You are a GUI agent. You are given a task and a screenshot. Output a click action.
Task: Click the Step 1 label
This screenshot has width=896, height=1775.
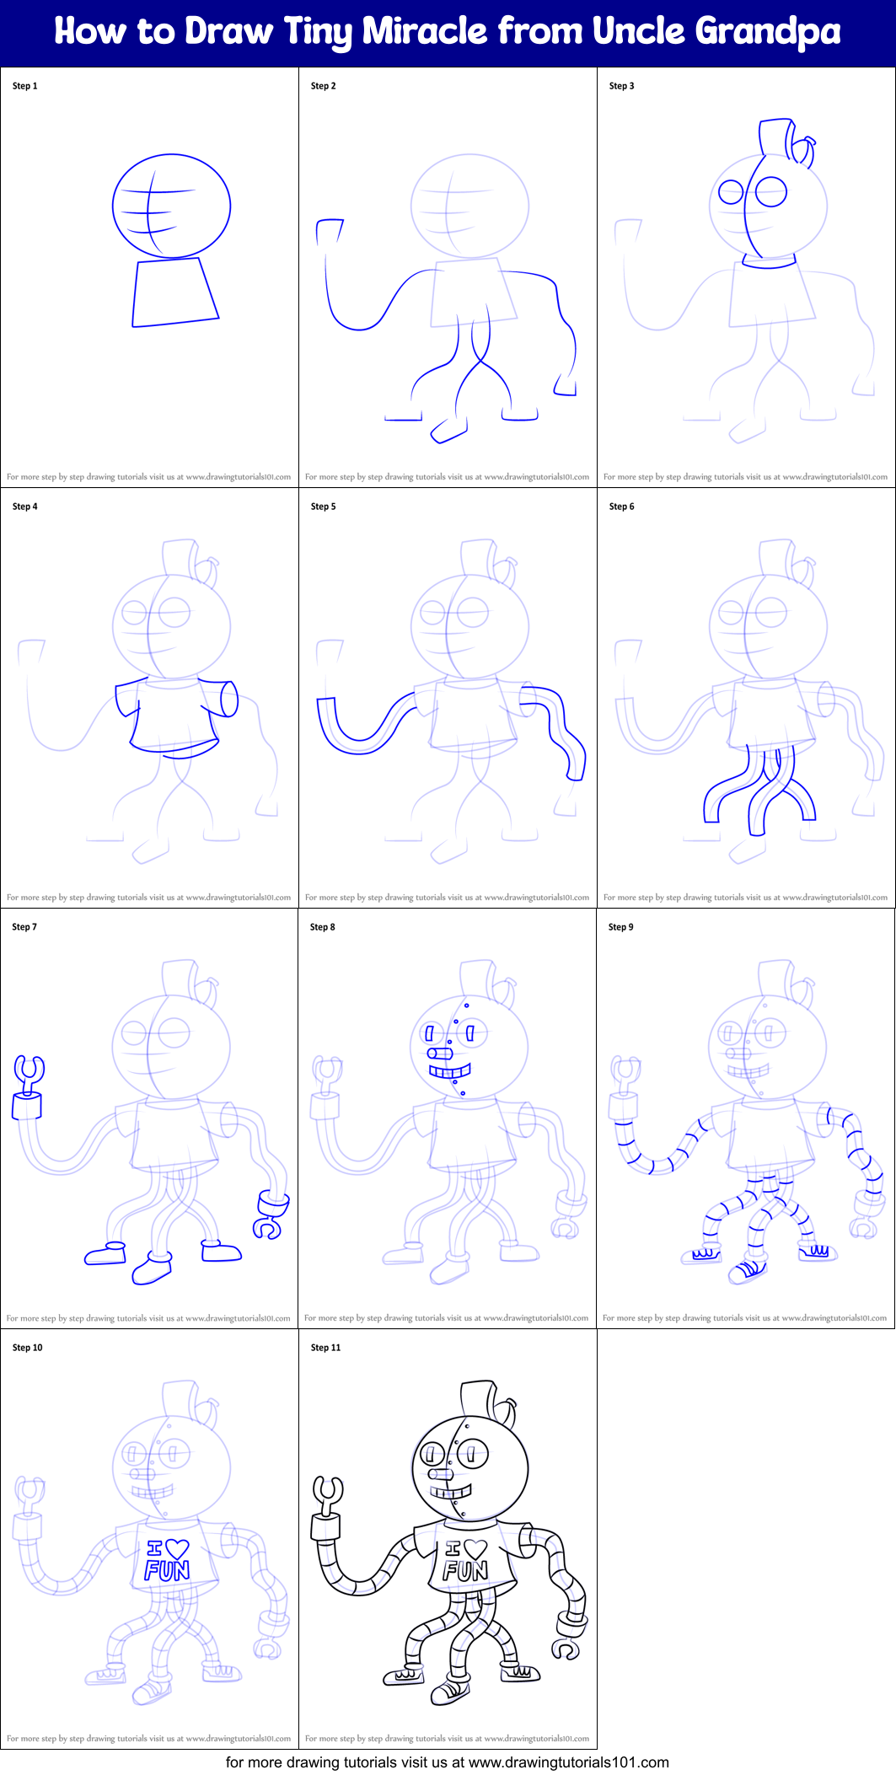25,86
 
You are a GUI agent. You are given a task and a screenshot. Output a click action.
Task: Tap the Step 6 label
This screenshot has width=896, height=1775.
621,507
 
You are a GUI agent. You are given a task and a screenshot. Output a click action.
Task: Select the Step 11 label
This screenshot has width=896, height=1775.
325,1348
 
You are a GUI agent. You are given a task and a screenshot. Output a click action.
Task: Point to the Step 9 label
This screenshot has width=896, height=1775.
620,927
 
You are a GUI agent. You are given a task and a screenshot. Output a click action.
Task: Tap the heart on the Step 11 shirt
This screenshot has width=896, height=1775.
476,1549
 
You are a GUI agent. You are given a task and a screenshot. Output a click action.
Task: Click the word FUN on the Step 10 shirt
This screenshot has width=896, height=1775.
167,1571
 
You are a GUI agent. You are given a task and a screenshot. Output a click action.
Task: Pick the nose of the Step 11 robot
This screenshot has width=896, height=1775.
440,1475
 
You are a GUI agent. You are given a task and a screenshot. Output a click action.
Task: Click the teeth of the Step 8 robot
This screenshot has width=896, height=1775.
449,1072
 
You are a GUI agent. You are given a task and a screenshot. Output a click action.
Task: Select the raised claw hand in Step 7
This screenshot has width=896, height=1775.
30,1073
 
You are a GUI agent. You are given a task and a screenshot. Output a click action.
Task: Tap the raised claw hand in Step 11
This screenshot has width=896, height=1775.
328,1493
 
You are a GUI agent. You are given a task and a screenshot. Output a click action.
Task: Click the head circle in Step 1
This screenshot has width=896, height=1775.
171,206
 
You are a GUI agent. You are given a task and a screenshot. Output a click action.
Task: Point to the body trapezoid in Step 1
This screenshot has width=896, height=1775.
174,292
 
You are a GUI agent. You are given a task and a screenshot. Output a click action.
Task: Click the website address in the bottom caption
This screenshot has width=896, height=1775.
568,1762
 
